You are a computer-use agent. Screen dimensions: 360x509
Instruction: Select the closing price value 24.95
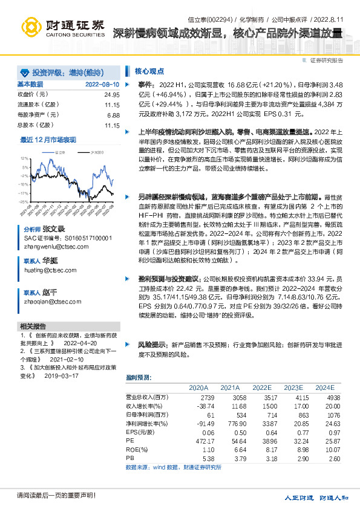112,94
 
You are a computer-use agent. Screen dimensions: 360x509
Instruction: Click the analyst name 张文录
53,230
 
